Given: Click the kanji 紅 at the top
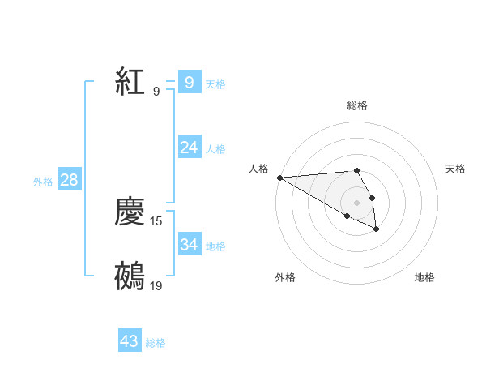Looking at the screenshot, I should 130,82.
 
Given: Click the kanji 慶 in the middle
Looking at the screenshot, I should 130,212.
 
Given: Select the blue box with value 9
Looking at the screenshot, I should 189,82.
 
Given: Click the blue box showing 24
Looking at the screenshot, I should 189,147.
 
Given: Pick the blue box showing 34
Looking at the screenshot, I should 189,244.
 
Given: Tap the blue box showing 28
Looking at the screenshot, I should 69,180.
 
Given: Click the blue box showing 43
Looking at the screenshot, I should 130,341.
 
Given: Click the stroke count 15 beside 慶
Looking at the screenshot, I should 156,220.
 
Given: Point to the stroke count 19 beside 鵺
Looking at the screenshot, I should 156,285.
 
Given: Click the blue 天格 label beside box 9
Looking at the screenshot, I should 215,83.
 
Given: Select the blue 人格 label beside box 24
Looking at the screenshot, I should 215,148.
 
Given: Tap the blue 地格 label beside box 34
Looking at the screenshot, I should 215,246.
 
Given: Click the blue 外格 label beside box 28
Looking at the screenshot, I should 43,182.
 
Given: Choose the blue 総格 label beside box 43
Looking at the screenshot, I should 156,343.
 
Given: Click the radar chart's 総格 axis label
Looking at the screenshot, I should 357,105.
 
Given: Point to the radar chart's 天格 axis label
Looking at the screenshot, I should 455,169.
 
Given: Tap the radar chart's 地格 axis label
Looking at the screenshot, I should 424,277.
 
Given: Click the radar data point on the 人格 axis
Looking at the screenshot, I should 279,178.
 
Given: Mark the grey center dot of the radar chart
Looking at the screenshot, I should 356,203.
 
